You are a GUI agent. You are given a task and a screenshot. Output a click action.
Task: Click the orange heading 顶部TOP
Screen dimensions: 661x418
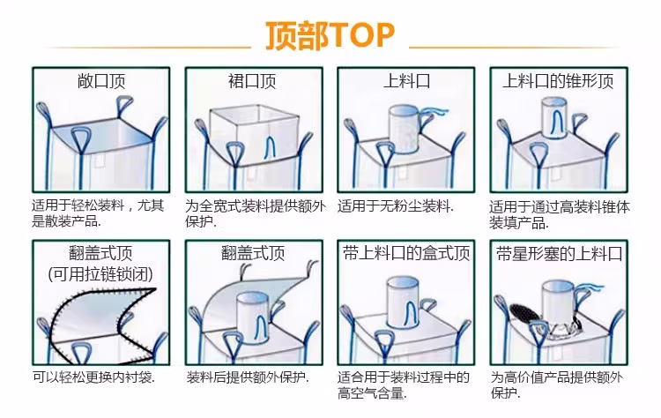(x=330, y=36)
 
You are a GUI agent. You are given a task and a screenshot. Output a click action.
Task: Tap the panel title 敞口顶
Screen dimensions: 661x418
(x=101, y=81)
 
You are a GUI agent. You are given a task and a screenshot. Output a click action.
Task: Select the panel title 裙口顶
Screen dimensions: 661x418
(x=252, y=81)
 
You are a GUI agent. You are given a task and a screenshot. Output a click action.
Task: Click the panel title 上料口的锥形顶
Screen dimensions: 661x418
(x=558, y=81)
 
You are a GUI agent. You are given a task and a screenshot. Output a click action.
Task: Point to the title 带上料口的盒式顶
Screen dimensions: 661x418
(x=406, y=253)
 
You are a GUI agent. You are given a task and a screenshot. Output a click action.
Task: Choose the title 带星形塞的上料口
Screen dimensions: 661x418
(x=559, y=254)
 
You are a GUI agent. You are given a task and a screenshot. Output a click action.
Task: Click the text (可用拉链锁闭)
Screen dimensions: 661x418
(x=100, y=274)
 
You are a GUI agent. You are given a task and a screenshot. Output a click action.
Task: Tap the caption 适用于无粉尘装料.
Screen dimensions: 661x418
(x=396, y=206)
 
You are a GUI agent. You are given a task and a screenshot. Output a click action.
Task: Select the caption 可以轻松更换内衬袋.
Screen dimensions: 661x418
(x=93, y=377)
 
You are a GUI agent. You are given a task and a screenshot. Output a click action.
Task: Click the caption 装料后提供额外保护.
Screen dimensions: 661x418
(x=248, y=377)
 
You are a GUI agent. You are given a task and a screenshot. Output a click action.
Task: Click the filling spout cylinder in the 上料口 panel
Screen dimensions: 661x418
(x=404, y=129)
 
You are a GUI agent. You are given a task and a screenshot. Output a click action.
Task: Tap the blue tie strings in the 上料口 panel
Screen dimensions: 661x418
(x=434, y=111)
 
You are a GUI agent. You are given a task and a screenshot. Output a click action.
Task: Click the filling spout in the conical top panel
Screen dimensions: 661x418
(x=554, y=117)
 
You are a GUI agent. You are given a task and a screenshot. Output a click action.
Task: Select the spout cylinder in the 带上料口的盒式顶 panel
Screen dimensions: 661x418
(x=403, y=302)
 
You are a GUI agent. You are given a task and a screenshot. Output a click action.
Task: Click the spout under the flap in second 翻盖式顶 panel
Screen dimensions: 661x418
(x=253, y=318)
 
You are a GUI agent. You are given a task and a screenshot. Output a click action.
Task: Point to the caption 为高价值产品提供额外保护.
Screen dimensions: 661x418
(x=556, y=384)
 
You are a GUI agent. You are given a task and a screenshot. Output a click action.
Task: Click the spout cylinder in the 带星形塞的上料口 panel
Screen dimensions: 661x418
(x=557, y=302)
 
